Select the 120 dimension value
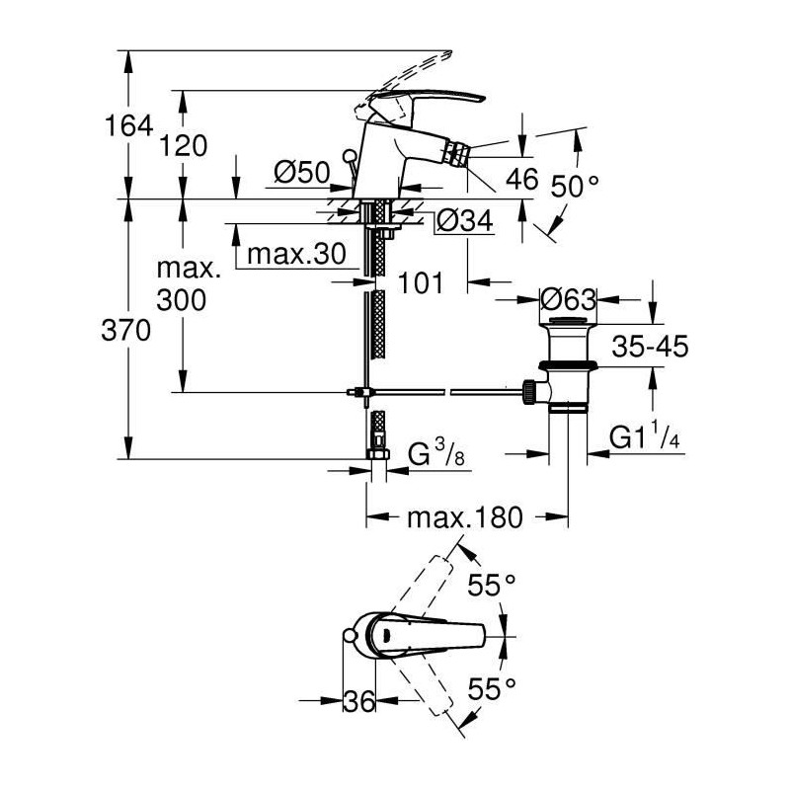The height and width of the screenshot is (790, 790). [184, 145]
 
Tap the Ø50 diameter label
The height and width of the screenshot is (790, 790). [300, 174]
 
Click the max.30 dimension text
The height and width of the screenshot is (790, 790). [294, 254]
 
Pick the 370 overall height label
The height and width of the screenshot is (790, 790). [131, 330]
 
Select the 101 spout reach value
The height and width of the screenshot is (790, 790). [418, 283]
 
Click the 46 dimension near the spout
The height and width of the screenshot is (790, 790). [520, 179]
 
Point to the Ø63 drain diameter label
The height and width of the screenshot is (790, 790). [568, 298]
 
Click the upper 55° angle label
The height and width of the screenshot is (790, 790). [492, 585]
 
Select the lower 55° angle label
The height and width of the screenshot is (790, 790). [492, 687]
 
